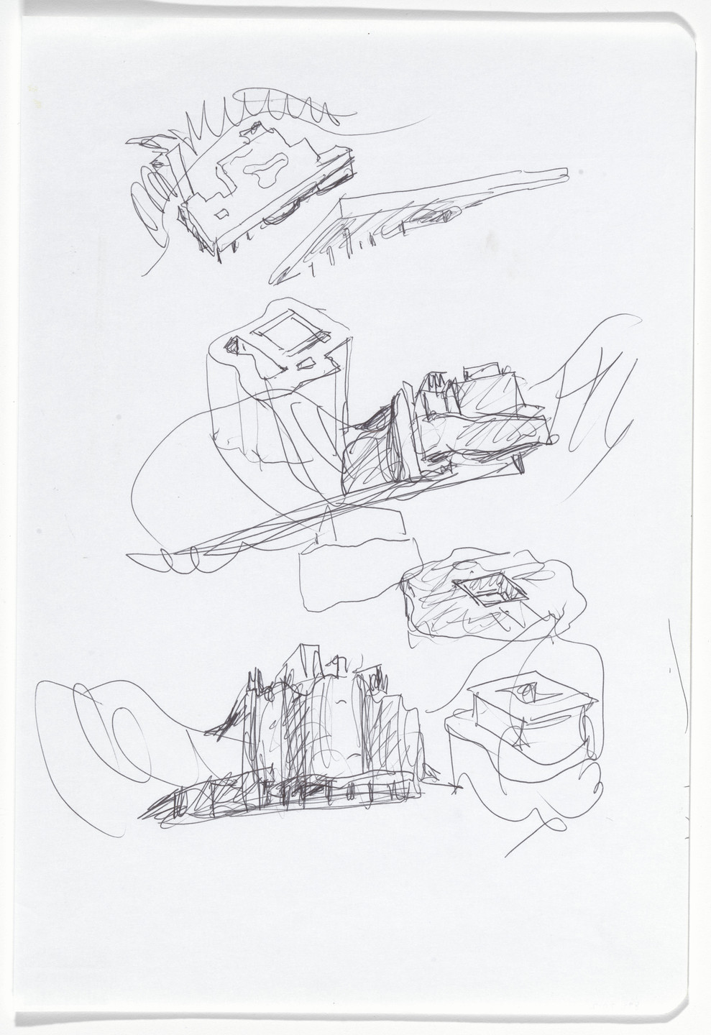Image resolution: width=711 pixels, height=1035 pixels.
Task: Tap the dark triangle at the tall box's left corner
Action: [x=234, y=346]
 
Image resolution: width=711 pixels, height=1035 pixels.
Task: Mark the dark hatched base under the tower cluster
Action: [x=288, y=798]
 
